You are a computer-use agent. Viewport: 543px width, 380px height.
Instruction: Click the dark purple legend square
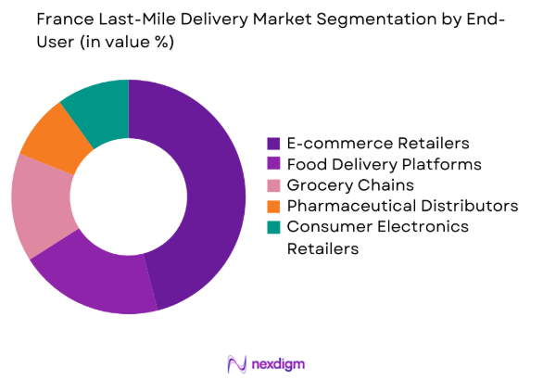(x=273, y=144)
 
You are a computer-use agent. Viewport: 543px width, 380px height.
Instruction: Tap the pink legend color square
(x=273, y=184)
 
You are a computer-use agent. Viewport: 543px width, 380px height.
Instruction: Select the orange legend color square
(x=273, y=205)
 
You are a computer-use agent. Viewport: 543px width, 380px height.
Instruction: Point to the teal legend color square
(x=273, y=226)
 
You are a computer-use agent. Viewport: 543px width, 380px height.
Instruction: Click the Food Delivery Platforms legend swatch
(x=273, y=164)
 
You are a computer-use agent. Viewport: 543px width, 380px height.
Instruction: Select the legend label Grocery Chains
(x=351, y=184)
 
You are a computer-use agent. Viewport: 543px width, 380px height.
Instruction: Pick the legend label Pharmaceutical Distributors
(x=402, y=205)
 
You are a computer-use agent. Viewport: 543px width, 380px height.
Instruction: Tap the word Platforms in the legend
(x=443, y=164)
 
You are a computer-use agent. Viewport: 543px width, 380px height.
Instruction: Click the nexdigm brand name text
(x=278, y=362)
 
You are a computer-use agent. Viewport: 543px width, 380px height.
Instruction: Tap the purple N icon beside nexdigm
(x=235, y=362)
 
